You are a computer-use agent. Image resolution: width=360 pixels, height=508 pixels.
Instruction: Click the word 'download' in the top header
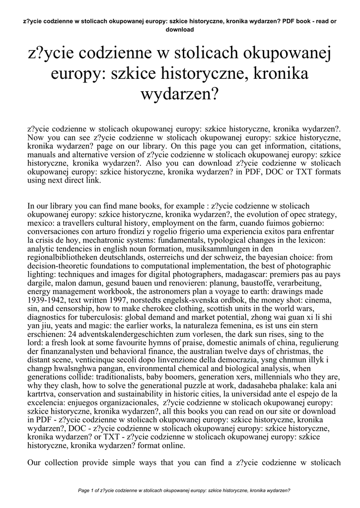pos(179,29)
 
